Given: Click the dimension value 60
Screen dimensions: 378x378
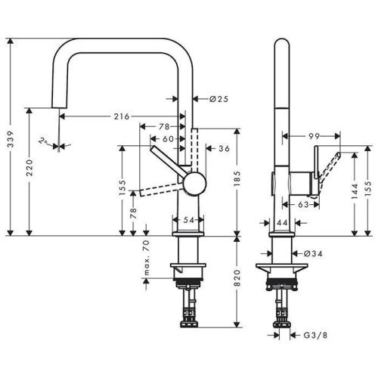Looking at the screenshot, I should coord(167,138).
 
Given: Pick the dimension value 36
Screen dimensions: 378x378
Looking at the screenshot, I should coord(223,149).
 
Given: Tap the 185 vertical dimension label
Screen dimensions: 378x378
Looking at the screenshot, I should coord(237,180).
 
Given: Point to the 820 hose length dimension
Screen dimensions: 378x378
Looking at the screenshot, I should coord(237,282).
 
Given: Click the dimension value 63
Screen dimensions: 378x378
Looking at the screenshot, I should coord(302,204).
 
